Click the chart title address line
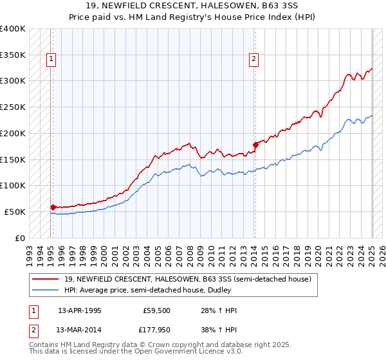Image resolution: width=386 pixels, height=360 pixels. pos(193,6)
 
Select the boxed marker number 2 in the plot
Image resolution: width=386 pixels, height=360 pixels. pos(254,59)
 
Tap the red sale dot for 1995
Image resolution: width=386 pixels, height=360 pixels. pos(53,207)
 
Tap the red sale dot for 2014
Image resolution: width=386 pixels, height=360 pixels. pos(255,145)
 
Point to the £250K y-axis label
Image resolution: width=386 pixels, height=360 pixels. pos(13,107)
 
